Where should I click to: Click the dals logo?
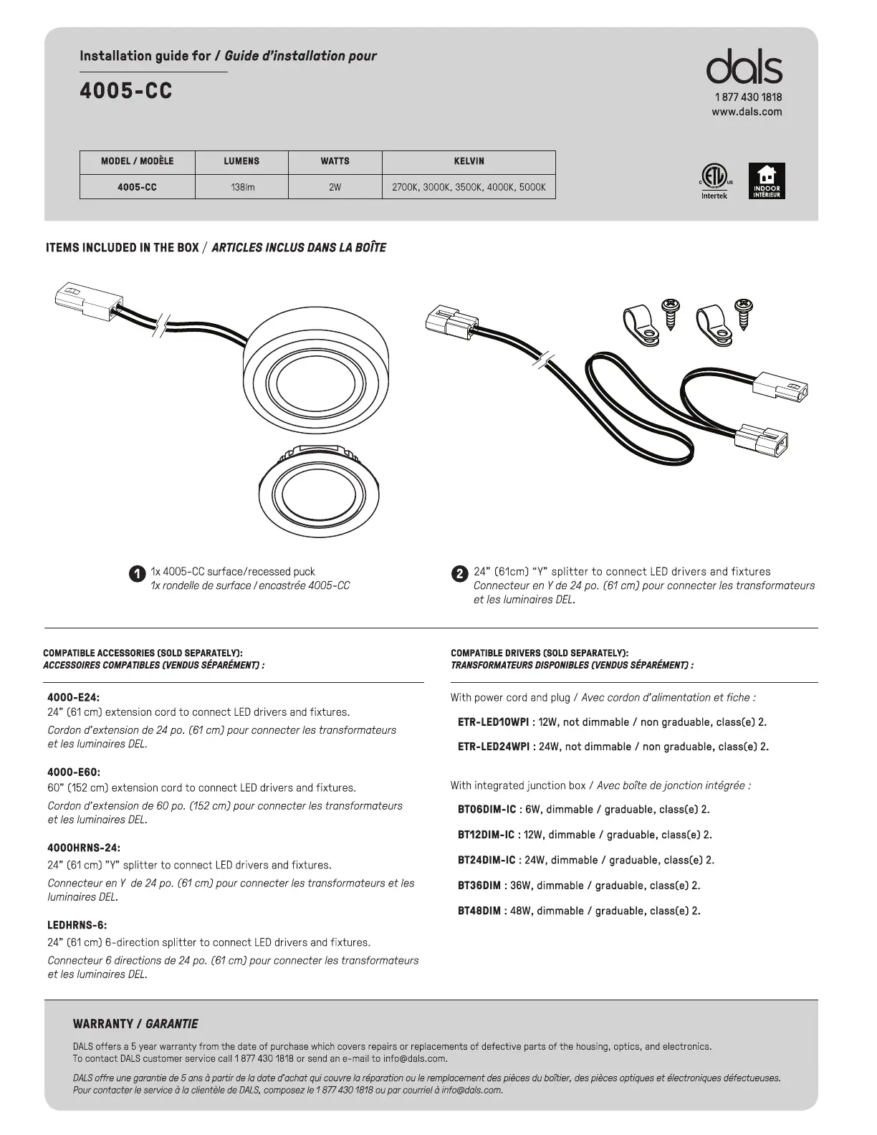click(744, 68)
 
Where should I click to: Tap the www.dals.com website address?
click(747, 112)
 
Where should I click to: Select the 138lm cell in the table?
click(241, 187)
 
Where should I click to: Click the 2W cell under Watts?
click(335, 187)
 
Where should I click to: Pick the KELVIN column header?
click(469, 161)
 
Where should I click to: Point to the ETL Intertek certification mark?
click(714, 179)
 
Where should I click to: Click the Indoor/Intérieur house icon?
click(767, 181)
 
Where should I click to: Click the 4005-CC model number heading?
click(126, 92)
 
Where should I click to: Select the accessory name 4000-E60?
click(74, 772)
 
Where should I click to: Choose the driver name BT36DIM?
click(479, 886)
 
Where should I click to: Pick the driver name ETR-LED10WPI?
click(493, 722)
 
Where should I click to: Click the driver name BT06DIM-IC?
click(487, 810)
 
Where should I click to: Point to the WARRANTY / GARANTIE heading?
click(135, 1024)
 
